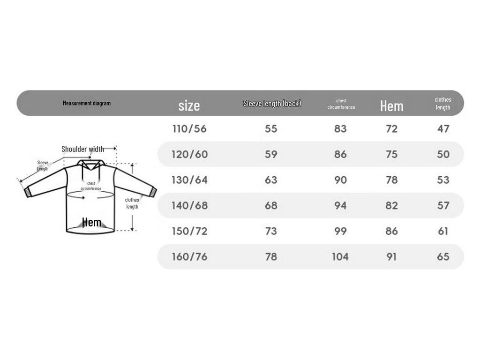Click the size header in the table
tap(189, 105)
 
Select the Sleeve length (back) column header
tap(272, 104)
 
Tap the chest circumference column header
tap(341, 104)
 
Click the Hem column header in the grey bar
tap(391, 106)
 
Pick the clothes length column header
tap(442, 104)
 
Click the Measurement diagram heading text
tap(87, 103)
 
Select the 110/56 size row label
tap(189, 129)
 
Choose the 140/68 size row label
tap(189, 205)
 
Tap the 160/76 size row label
tap(189, 256)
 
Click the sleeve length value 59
tap(271, 154)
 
